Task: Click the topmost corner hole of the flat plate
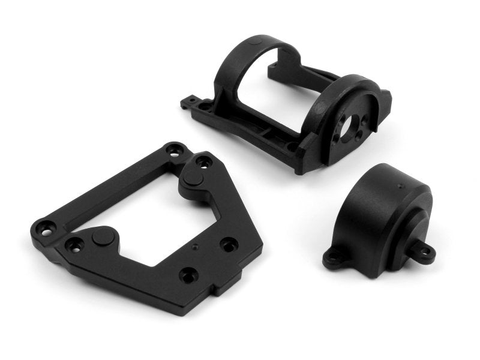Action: pyautogui.click(x=175, y=150)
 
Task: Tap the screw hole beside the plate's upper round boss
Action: pyautogui.click(x=204, y=161)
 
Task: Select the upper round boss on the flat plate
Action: pyautogui.click(x=193, y=178)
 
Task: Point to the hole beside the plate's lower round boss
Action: pyautogui.click(x=74, y=244)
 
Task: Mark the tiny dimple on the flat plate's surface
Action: pyautogui.click(x=195, y=246)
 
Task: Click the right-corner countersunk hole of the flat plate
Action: pyautogui.click(x=229, y=244)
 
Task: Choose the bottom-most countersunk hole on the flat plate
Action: pyautogui.click(x=189, y=275)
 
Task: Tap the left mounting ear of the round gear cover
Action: pyautogui.click(x=334, y=259)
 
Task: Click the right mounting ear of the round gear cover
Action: pyautogui.click(x=425, y=252)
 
